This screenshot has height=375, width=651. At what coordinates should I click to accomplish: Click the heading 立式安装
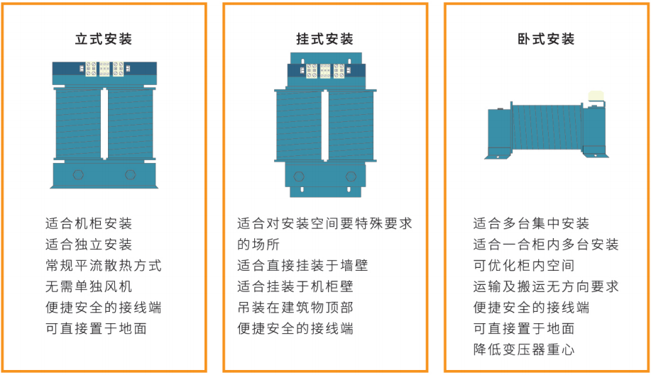104,39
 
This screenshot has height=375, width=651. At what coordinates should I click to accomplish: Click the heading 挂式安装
324,39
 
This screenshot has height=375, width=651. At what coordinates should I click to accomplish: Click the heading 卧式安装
546,39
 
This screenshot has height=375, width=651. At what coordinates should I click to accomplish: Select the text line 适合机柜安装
89,224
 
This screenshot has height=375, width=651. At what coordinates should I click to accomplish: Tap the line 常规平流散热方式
104,266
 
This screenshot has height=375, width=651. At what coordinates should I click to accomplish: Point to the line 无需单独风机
89,286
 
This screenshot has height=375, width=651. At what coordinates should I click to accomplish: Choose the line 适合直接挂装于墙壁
302,266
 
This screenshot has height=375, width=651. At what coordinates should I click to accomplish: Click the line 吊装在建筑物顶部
295,308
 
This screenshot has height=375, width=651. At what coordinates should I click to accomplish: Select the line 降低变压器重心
524,349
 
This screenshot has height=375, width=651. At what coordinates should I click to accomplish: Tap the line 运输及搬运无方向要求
546,286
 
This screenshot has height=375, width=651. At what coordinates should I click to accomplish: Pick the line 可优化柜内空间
524,266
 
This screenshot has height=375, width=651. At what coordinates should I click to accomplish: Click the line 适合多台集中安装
532,224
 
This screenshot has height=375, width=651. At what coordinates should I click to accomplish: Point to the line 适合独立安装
89,245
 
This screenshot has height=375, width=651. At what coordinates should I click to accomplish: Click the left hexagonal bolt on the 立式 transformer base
78,174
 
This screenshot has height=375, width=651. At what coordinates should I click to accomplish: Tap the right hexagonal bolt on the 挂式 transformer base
351,177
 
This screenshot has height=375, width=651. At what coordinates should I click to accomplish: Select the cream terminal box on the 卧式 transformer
596,96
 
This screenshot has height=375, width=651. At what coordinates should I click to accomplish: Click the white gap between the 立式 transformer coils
104,123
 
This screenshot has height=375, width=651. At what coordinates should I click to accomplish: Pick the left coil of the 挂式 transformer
299,125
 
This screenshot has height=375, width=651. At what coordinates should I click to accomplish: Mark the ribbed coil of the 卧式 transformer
547,127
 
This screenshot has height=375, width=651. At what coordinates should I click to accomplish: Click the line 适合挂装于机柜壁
295,286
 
